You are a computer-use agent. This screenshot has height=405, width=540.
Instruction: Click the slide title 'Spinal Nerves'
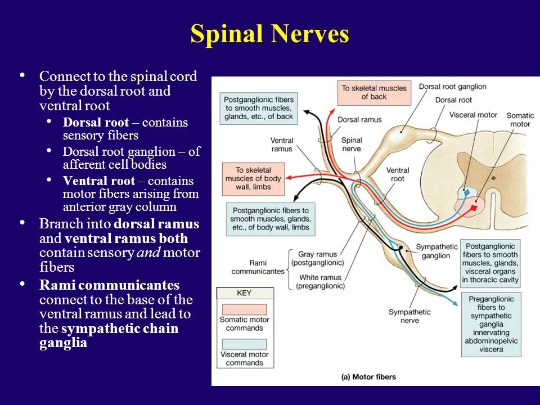269,34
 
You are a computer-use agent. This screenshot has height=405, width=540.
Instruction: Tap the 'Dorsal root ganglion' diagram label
452,87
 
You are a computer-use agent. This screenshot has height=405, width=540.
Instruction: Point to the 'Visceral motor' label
473,115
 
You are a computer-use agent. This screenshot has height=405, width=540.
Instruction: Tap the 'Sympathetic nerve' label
409,316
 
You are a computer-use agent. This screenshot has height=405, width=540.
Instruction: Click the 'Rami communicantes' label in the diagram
258,267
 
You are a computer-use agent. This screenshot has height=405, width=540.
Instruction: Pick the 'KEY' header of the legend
244,293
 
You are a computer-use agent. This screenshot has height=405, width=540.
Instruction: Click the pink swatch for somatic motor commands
244,309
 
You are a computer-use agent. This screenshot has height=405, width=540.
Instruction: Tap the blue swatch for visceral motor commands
244,344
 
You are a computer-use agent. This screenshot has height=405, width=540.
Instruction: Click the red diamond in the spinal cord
474,208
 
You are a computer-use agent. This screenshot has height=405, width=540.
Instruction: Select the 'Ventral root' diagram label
397,174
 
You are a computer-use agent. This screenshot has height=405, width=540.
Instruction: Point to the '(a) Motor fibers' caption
368,377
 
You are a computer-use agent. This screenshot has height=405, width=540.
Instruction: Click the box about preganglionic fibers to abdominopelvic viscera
490,325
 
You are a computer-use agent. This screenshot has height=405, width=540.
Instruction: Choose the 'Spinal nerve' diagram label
351,144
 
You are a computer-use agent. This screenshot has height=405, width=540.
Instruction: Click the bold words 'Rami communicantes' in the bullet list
110,285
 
